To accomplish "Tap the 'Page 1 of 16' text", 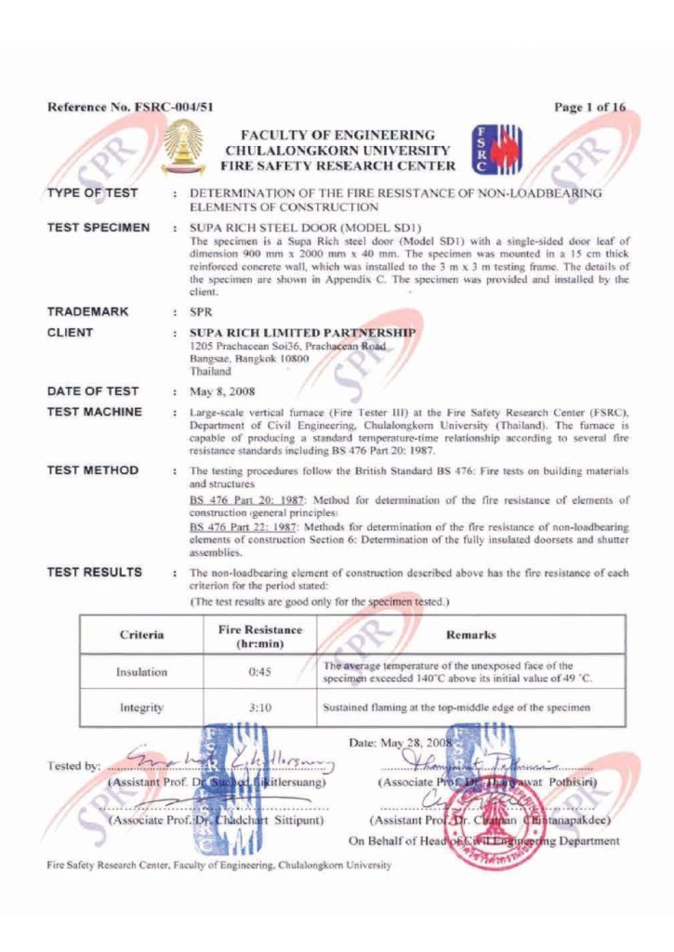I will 589,107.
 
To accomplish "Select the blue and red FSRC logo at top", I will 496,150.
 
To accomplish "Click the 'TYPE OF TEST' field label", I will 93,193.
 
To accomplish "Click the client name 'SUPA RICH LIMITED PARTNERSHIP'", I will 302,332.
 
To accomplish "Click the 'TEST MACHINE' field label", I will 95,411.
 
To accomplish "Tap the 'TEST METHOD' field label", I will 93,470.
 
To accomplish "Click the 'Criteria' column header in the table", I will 142,635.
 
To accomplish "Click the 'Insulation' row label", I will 142,672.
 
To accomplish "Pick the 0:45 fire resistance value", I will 260,672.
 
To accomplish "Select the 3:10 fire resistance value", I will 260,707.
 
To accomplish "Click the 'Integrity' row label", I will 142,707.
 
